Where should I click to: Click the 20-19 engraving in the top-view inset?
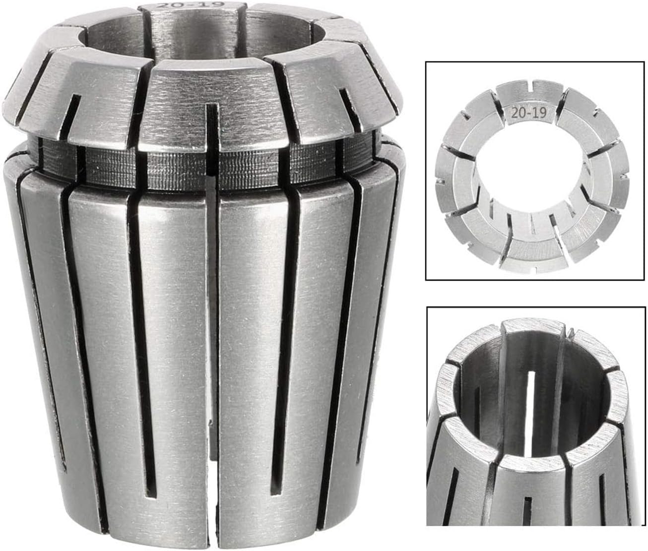coord(528,113)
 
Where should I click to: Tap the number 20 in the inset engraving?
coord(518,113)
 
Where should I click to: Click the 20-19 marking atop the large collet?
coord(191,5)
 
